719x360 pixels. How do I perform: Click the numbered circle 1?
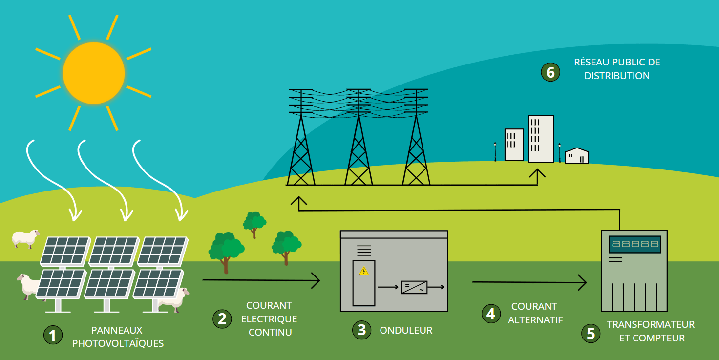53,335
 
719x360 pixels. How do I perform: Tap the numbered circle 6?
550,72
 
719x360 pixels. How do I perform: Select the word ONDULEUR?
406,331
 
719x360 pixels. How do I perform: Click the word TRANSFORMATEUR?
650,325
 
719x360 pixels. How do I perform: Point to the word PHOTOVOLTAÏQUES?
118,343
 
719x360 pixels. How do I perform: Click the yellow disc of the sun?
94,73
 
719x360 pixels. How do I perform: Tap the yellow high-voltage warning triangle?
363,271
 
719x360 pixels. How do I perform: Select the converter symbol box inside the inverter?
414,287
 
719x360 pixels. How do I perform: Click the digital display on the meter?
634,244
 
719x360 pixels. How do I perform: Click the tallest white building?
541,139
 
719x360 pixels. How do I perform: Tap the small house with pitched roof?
577,156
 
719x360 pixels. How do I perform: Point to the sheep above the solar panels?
25,238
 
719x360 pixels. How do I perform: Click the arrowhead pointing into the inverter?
317,281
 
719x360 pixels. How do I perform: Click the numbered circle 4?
491,314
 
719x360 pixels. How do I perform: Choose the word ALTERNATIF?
535,320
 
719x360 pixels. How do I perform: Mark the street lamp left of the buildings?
495,150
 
